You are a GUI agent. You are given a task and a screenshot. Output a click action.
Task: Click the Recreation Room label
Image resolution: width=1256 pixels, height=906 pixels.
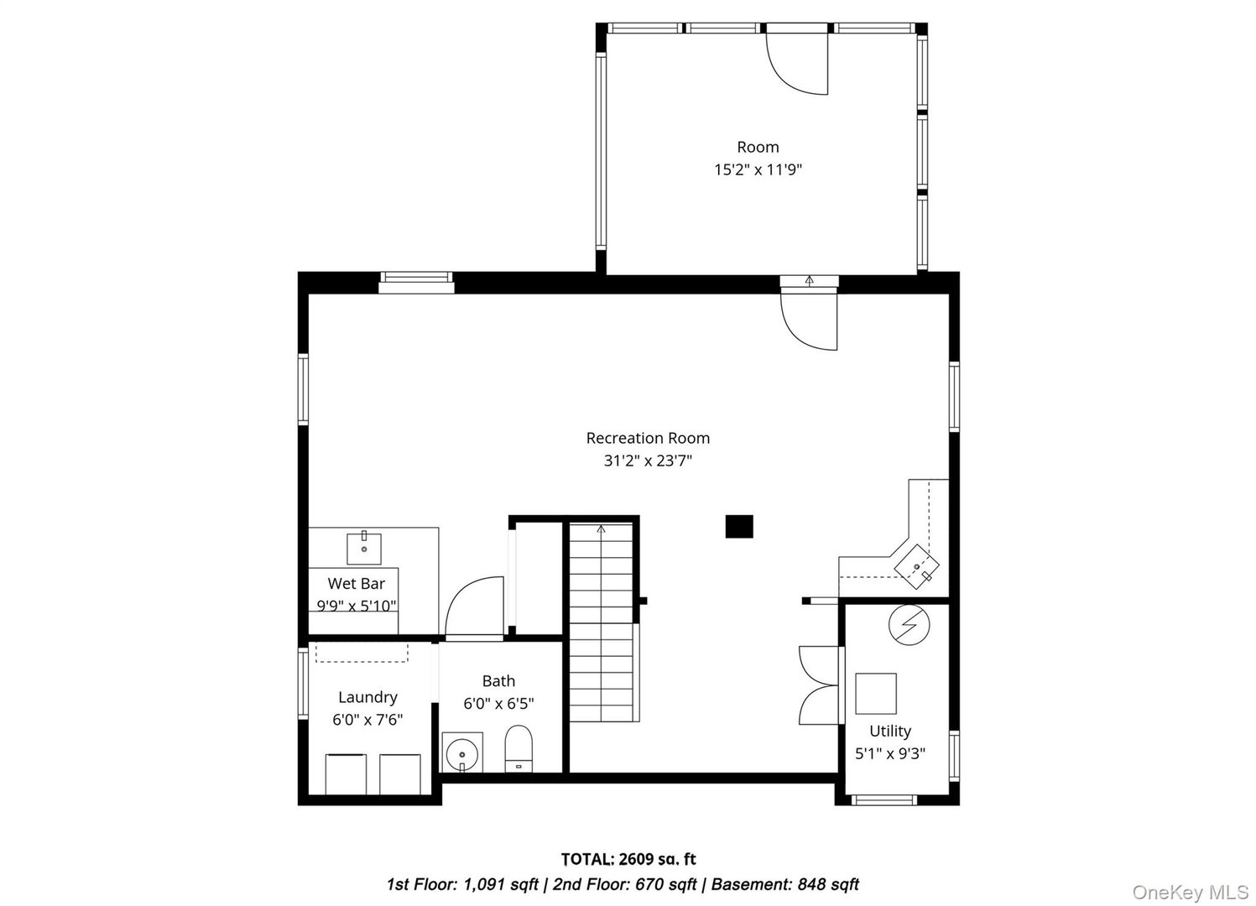647,438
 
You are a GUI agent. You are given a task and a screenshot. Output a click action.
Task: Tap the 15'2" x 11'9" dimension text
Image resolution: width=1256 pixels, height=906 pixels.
758,169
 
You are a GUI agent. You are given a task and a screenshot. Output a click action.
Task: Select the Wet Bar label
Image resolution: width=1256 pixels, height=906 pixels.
356,584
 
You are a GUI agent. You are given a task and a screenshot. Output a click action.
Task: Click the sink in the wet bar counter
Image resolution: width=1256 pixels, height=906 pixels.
364,548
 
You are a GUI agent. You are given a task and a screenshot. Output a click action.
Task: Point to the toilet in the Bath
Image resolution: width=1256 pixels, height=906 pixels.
519,747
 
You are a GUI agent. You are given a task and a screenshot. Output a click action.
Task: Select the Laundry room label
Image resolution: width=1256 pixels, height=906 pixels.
367,697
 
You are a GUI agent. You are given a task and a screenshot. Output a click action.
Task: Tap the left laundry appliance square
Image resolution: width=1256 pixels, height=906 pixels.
346,773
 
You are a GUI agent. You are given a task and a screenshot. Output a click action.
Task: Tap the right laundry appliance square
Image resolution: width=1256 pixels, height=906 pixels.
399,773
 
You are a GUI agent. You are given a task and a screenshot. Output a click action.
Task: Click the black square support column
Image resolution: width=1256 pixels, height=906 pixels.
739,526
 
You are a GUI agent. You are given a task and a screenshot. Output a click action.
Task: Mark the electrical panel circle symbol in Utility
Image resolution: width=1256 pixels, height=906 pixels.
909,625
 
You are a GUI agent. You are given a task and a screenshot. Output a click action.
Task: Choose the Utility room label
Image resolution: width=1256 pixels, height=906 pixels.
889,732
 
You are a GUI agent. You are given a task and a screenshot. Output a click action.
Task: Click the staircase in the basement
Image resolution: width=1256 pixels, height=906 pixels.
601,621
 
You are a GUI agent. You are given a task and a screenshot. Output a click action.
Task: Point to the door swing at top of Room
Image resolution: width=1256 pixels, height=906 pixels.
798,63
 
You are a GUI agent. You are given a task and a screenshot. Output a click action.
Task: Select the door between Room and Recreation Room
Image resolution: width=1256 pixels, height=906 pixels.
809,319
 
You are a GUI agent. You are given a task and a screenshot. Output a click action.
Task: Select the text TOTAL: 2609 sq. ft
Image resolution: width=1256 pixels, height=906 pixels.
628,859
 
